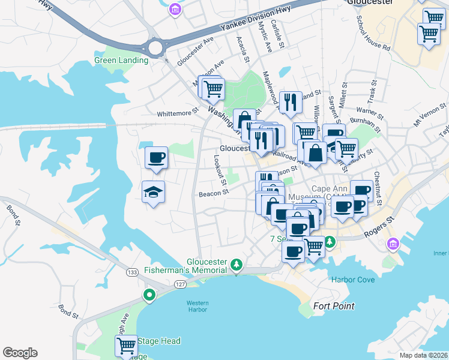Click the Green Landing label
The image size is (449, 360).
click(x=121, y=60)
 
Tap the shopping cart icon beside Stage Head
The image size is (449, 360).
click(x=126, y=346)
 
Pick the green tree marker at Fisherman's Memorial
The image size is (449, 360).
click(x=238, y=265)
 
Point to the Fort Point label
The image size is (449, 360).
click(x=334, y=306)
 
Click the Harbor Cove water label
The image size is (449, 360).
click(x=352, y=280)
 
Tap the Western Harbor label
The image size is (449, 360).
click(x=197, y=306)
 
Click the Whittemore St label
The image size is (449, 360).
click(x=177, y=112)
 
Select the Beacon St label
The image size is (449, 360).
click(x=214, y=193)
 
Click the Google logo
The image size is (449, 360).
click(x=20, y=353)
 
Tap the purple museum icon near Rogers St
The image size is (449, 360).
click(x=393, y=243)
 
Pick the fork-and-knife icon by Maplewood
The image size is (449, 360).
click(x=291, y=102)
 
